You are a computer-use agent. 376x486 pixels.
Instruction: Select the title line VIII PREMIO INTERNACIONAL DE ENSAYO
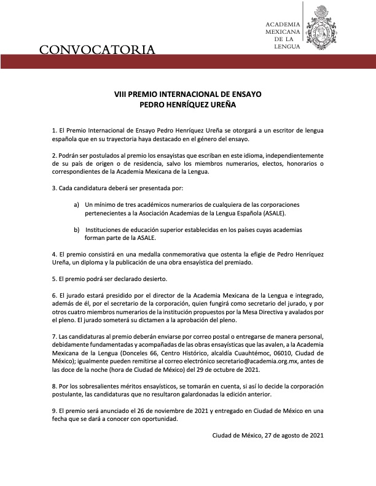click(x=188, y=95)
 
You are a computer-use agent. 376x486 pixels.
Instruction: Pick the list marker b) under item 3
click(x=76, y=229)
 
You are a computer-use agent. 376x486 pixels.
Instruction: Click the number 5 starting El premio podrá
click(x=54, y=279)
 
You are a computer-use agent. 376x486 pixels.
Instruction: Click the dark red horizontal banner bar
click(x=188, y=61)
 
